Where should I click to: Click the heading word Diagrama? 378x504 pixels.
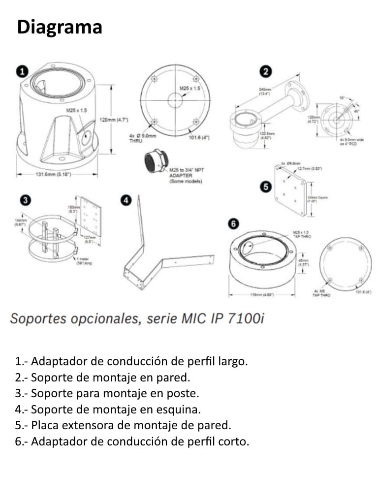coord(60,27)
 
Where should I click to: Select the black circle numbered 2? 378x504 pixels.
coord(265,72)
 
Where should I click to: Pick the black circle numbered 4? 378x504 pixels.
coord(126,200)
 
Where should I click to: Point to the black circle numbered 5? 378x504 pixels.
coord(266,187)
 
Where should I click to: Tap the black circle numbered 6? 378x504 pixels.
coord(233,224)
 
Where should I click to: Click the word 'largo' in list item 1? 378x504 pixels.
coord(231,361)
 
